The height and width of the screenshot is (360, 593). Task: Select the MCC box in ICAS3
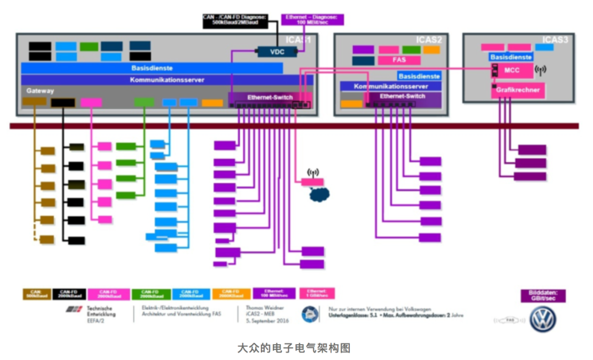point(512,70)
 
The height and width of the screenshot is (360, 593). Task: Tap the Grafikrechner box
point(518,89)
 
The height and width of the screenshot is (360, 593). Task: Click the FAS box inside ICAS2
point(399,60)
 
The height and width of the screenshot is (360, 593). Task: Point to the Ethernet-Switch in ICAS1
point(269,97)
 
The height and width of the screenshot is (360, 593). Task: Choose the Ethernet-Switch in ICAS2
point(403,96)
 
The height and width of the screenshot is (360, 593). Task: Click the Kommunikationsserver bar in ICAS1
point(167,80)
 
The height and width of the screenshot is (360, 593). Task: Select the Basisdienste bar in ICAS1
point(152,68)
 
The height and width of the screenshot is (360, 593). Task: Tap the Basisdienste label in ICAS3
point(511,57)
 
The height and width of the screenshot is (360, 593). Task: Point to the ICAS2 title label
point(428,40)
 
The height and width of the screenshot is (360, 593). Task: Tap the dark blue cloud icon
point(320,194)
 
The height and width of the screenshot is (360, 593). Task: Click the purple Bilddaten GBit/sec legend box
point(543,296)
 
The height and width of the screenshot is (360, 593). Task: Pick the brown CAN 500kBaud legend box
point(36,294)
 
